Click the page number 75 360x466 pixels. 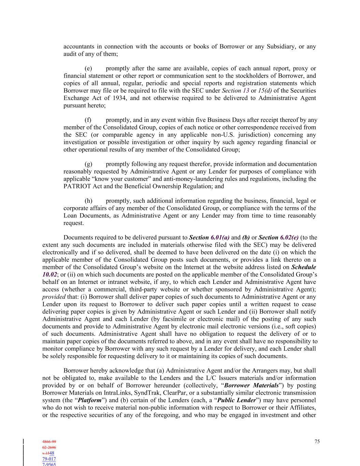(317, 441)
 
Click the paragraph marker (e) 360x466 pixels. (88, 69)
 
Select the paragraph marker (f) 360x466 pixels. (88, 120)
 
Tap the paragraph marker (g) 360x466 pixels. (88, 164)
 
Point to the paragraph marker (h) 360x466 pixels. (88, 201)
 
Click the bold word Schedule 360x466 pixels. (303, 267)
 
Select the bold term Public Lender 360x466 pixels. (236, 400)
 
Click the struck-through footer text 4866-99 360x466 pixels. (49, 442)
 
